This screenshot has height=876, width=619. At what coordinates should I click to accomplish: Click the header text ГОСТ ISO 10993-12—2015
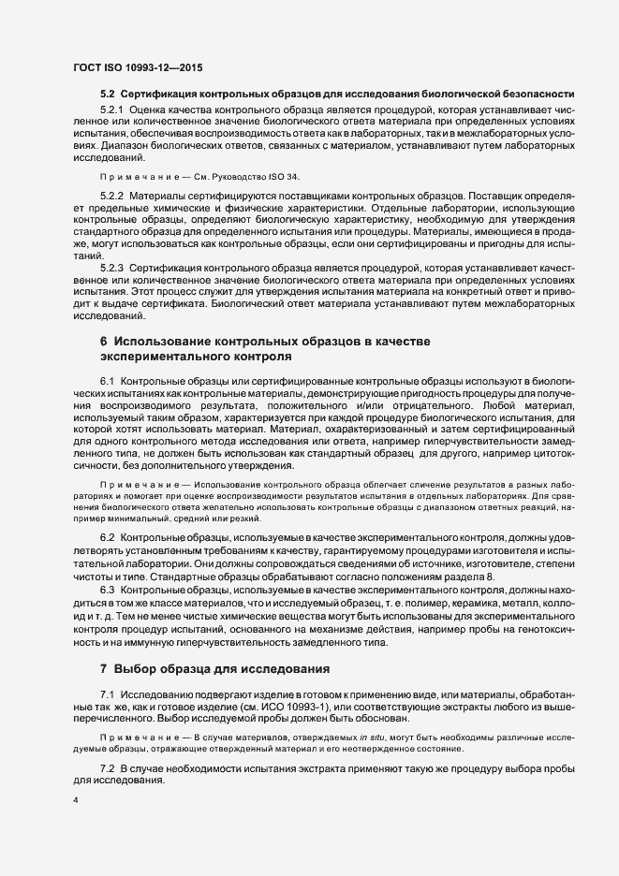click(x=138, y=68)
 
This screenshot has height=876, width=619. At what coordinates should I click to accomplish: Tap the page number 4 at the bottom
click(x=76, y=800)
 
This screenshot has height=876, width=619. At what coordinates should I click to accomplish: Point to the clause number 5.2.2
click(x=113, y=194)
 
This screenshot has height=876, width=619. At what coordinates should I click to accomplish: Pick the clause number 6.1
click(x=108, y=382)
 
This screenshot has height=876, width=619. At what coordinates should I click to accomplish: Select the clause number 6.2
click(x=108, y=540)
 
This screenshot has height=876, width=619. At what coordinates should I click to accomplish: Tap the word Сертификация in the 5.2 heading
click(x=156, y=95)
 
